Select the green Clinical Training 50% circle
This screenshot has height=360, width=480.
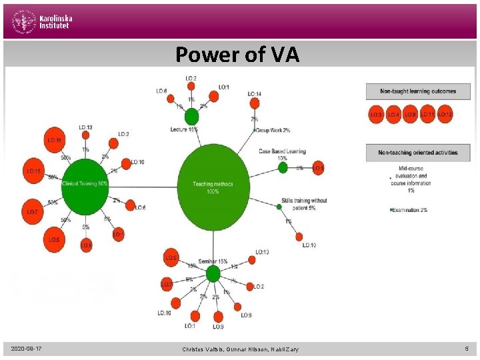[85, 186]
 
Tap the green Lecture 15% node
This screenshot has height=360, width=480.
[192, 116]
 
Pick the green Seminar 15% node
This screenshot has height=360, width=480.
[213, 273]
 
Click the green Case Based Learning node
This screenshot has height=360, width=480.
[283, 168]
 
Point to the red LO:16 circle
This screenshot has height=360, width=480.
[53, 140]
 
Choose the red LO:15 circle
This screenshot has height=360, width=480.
[33, 171]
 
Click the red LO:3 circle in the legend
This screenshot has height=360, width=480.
[376, 115]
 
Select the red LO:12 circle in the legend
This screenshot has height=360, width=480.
[445, 115]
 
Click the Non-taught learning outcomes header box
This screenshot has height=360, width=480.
[418, 91]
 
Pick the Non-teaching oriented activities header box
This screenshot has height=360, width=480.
[418, 153]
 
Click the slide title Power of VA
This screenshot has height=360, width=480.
[237, 54]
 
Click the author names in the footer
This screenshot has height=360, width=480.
[240, 349]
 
